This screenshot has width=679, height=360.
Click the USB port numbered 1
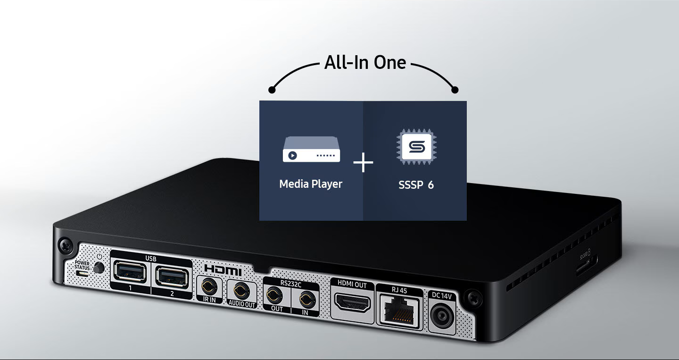pos(130,272)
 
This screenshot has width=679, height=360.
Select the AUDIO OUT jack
pos(241,289)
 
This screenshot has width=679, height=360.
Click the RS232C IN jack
pos(306,299)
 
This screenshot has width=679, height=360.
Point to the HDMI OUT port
pos(352,302)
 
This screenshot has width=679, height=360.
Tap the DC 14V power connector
pos(442,316)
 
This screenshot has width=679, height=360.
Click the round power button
pos(99,268)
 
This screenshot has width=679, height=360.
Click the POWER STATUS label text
pos(82,265)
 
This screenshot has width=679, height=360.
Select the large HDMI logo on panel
pos(223,270)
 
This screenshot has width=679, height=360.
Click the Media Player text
pos(311,184)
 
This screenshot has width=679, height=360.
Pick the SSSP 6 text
pos(416,184)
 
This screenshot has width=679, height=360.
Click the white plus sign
pos(363,163)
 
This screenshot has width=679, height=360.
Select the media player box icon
pos(311,150)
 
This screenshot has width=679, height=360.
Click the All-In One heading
pos(365,62)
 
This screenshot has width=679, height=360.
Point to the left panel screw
pos(64,245)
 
